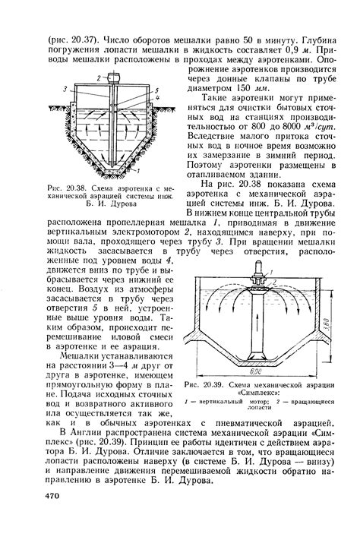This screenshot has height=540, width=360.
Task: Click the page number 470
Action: pyautogui.click(x=48, y=494)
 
